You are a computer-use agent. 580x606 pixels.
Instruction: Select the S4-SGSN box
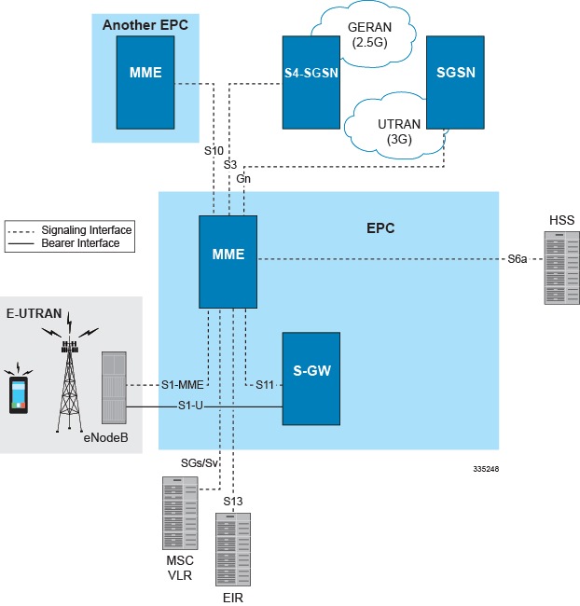click(x=311, y=82)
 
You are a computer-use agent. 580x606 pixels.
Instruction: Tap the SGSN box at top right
click(x=456, y=82)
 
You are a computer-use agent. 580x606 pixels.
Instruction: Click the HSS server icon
click(x=560, y=269)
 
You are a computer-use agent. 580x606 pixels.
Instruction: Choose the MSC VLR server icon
click(x=180, y=515)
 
